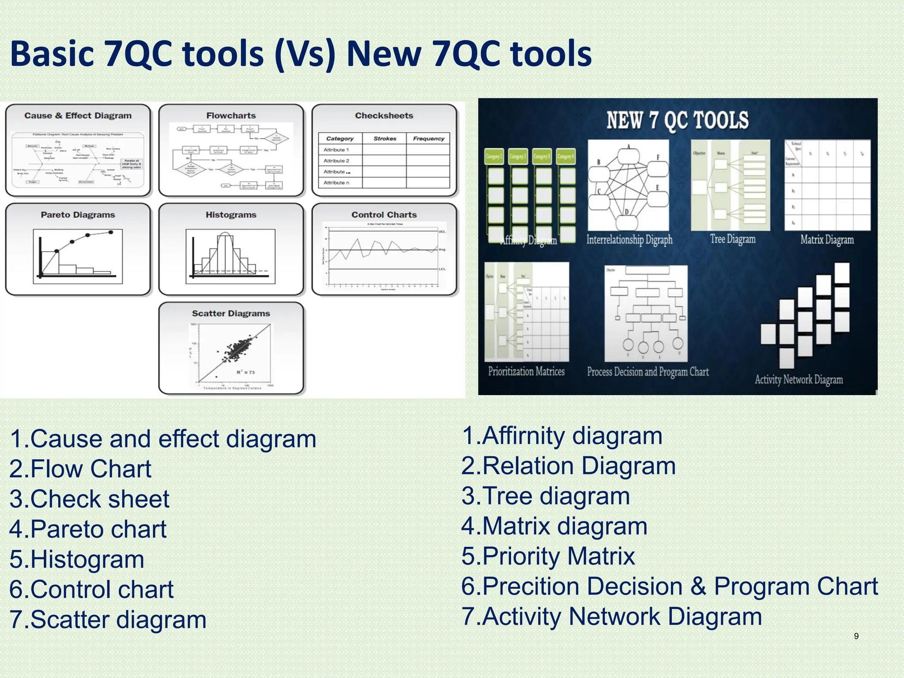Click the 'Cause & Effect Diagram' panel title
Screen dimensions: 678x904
[78, 116]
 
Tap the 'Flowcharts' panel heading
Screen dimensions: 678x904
[231, 116]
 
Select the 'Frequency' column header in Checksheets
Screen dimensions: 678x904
[428, 139]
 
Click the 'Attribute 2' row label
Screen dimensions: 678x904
[336, 161]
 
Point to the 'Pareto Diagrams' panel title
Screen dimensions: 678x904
[78, 215]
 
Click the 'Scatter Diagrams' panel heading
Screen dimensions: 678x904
[231, 313]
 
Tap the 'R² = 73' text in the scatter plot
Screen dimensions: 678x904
[246, 372]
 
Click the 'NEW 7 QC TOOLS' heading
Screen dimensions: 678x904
[677, 121]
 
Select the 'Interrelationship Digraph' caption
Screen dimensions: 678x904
[629, 240]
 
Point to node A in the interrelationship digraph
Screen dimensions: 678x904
[629, 147]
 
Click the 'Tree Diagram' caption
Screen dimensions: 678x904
[733, 239]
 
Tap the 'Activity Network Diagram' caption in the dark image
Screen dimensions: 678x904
[799, 380]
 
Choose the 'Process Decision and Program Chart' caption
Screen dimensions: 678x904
[648, 372]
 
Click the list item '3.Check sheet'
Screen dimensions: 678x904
[89, 499]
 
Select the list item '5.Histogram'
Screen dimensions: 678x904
[77, 559]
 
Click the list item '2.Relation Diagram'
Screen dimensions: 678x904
[569, 466]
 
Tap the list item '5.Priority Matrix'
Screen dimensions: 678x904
[548, 556]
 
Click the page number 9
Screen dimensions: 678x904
[856, 636]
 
